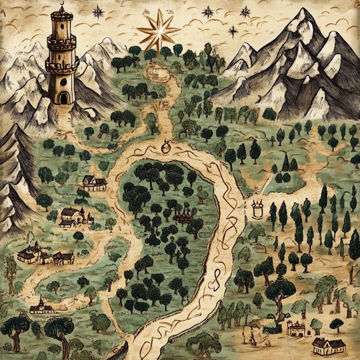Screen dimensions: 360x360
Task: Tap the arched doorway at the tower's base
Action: [63, 97]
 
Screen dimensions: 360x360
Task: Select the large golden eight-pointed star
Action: [158, 31]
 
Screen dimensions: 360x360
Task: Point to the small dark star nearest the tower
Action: [98, 11]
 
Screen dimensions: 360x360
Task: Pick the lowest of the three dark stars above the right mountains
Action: [233, 31]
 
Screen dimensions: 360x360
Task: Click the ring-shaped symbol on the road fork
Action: [166, 146]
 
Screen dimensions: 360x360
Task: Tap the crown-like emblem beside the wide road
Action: [258, 209]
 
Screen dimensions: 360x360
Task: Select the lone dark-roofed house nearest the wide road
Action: [94, 183]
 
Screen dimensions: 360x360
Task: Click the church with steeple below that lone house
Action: [74, 216]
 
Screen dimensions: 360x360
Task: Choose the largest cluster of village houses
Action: [45, 255]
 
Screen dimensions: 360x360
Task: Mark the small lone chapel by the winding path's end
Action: [41, 306]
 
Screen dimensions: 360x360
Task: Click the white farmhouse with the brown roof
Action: [328, 346]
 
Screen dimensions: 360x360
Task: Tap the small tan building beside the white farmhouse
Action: [296, 329]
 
